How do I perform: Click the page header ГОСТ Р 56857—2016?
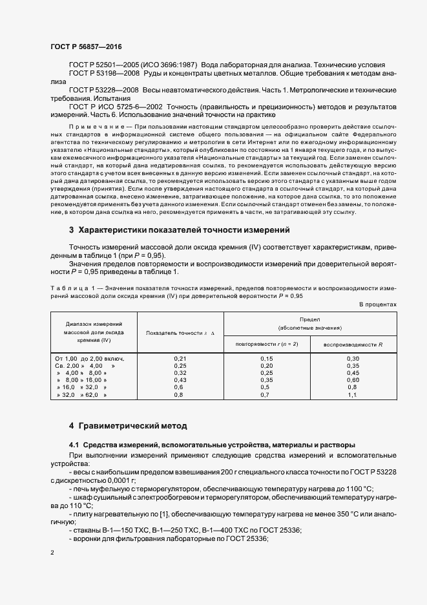tap(85, 47)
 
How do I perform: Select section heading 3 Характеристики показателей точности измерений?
tap(180, 230)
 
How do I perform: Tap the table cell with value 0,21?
tap(180, 358)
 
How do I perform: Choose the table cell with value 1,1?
tap(353, 394)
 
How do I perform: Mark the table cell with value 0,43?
tap(180, 379)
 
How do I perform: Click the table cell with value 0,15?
tap(266, 358)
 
